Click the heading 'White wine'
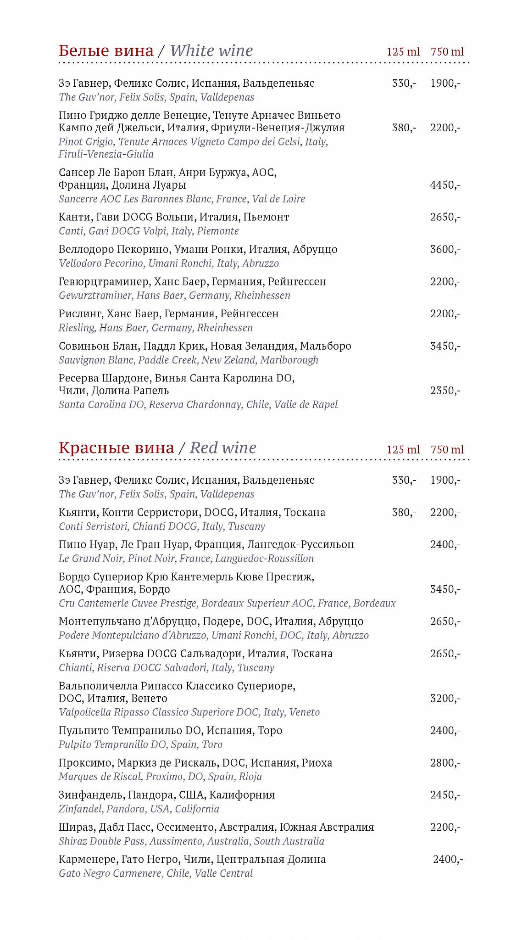click(x=211, y=50)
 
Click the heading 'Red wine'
click(x=223, y=448)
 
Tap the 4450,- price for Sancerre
click(x=445, y=185)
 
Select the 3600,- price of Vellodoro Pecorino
click(x=445, y=250)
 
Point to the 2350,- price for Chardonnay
click(x=445, y=391)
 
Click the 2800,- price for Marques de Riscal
click(x=445, y=763)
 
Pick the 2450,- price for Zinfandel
click(x=445, y=795)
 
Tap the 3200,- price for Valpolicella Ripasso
click(x=445, y=699)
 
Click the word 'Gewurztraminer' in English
click(x=95, y=296)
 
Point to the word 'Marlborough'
click(x=289, y=360)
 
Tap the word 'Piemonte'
click(x=218, y=231)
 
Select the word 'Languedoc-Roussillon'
click(x=264, y=559)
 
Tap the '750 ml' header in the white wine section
click(x=447, y=52)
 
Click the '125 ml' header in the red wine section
click(x=403, y=449)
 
